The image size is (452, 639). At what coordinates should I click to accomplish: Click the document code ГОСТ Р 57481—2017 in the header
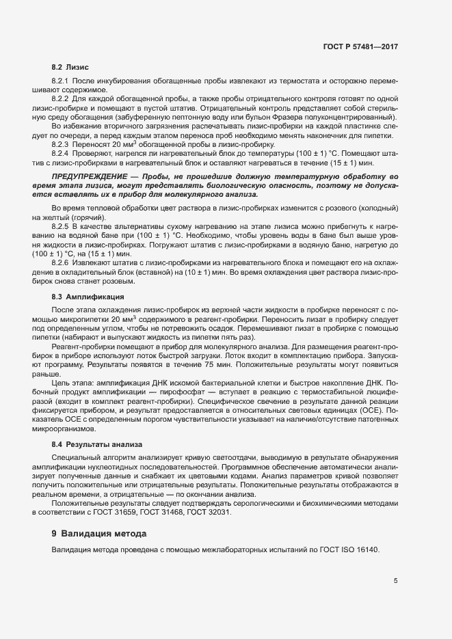[x=360, y=46]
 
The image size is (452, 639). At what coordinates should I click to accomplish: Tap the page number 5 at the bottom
[x=395, y=581]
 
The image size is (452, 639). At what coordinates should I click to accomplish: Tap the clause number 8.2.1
[x=61, y=81]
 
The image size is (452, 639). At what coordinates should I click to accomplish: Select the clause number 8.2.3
[x=61, y=144]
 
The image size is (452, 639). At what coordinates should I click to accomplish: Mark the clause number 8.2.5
[x=61, y=225]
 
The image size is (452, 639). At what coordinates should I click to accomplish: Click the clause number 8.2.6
[x=61, y=264]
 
